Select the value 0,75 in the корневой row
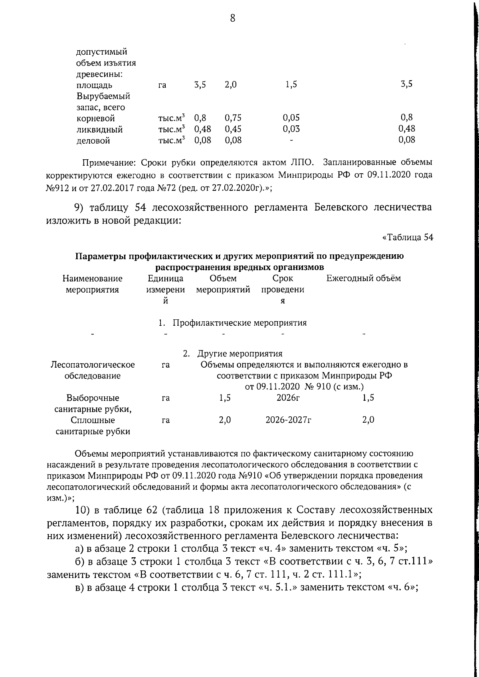(233, 118)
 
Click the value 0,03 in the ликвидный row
(291, 129)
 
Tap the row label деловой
(93, 141)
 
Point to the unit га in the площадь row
(162, 85)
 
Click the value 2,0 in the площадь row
(231, 85)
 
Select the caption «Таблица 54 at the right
(408, 237)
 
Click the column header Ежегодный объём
(364, 278)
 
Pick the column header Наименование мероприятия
(93, 284)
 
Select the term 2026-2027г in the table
(288, 420)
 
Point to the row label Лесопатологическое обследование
(93, 370)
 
